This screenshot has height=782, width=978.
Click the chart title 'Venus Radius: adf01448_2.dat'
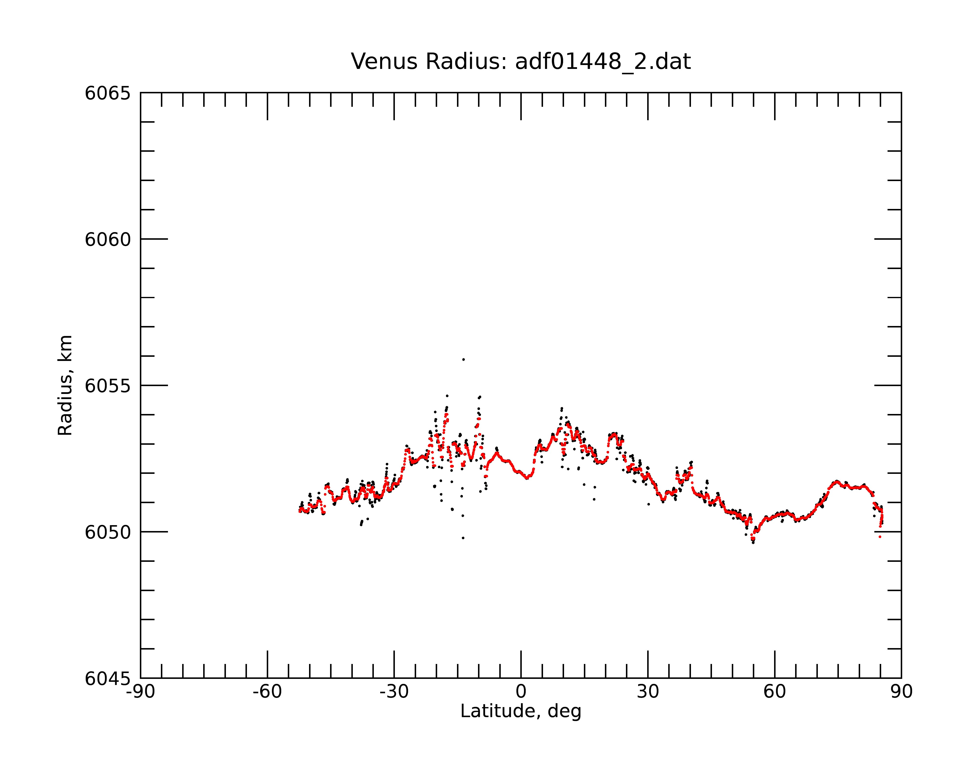521,62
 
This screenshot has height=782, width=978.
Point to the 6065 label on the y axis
108,93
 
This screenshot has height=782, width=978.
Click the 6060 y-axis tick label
108,239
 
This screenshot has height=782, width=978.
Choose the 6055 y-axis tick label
108,386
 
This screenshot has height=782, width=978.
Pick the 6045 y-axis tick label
108,679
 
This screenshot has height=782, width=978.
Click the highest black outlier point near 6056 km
463,359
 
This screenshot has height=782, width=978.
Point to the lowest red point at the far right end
880,537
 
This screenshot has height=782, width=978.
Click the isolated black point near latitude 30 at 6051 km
649,504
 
